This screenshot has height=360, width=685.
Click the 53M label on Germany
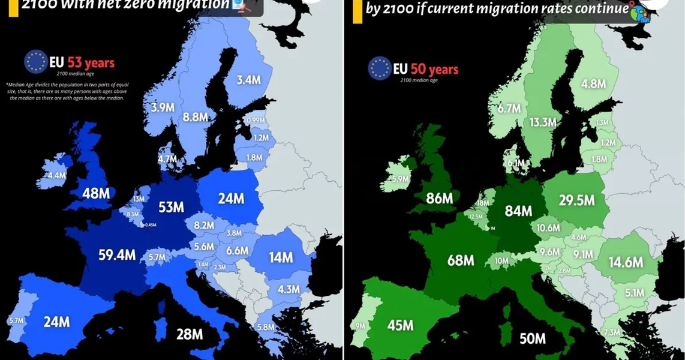point(171,208)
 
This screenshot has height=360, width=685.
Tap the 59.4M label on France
point(117,255)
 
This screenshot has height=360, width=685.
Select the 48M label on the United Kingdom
point(96,194)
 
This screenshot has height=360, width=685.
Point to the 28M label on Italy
point(190,334)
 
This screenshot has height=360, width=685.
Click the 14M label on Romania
point(280,257)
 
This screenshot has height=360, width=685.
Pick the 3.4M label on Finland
point(248,80)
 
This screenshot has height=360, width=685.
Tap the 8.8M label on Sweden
point(196,118)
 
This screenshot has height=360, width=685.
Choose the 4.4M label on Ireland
point(56,176)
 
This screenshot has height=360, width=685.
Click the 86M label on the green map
point(440,199)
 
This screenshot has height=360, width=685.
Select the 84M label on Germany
point(518,211)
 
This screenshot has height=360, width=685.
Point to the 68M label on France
point(461,260)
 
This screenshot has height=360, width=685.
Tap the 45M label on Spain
point(400,325)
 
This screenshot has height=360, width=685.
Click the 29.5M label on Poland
point(576,201)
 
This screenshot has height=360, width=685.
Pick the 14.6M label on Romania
point(626,262)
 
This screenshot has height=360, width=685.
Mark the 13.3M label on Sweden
point(543,122)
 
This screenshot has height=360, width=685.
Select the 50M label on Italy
point(532,338)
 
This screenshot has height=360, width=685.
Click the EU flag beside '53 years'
point(36,62)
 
